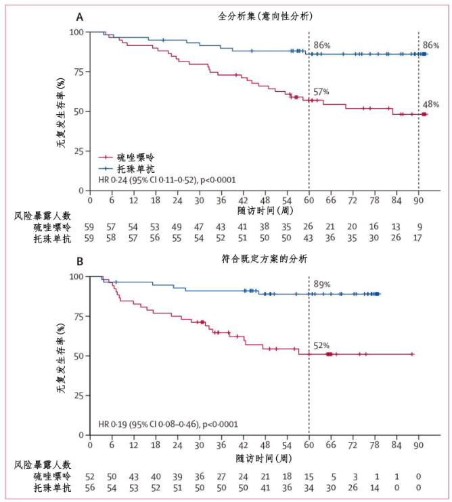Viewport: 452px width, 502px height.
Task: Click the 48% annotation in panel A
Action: (431, 105)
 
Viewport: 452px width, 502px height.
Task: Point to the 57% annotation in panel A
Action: (321, 91)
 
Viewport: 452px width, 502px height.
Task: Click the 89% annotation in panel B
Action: (321, 284)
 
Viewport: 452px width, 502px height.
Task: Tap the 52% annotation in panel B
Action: (321, 346)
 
